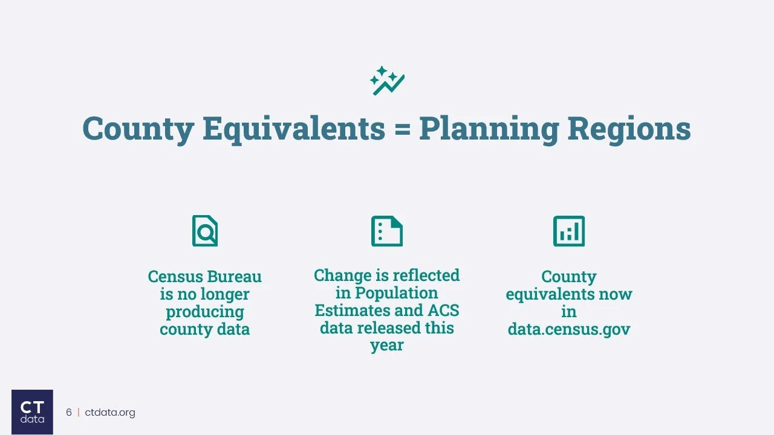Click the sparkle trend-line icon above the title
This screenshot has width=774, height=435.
387,81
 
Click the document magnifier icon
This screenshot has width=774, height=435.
205,231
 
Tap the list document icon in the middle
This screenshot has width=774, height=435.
387,231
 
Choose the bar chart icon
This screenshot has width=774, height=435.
568,231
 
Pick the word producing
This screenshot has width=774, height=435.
205,312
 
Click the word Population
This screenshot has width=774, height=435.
396,293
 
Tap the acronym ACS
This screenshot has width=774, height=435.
444,311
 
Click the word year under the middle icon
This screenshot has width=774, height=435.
387,346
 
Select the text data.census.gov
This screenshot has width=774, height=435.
568,329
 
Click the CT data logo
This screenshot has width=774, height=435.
32,411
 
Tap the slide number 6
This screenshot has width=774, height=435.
69,413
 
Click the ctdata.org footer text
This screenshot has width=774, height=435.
109,413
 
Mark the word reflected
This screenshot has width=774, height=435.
425,275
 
